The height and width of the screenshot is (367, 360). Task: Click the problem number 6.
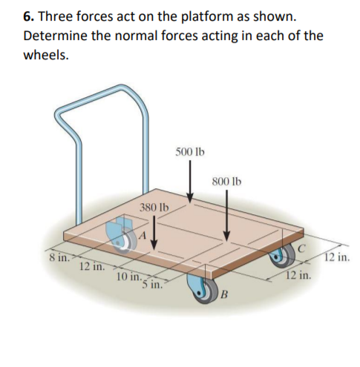28,16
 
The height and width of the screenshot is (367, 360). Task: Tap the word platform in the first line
217,16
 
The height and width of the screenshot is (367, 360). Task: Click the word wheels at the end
45,55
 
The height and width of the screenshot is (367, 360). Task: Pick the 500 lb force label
190,152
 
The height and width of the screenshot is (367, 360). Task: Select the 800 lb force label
227,181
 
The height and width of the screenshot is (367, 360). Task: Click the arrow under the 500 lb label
190,180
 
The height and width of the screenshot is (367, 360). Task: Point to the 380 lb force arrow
154,234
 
